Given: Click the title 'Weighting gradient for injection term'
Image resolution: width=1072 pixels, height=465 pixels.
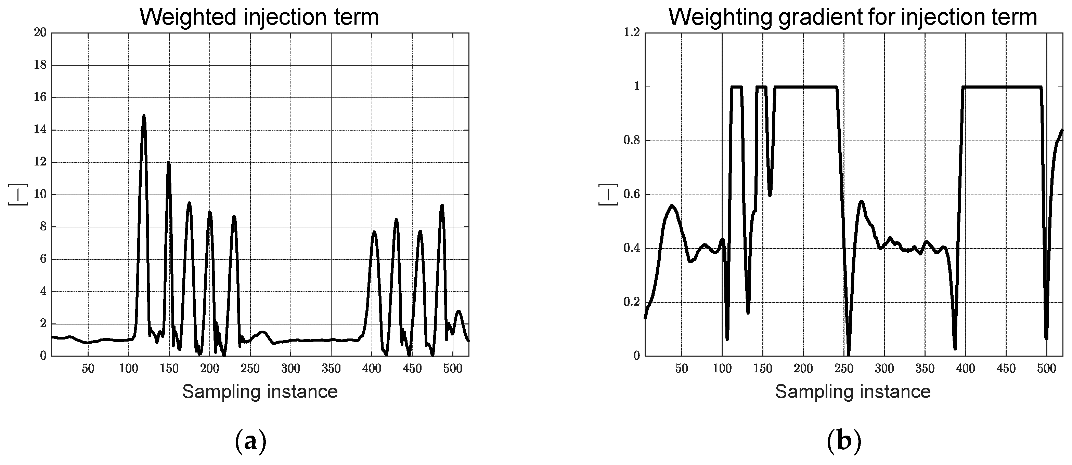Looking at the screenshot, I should [x=853, y=17].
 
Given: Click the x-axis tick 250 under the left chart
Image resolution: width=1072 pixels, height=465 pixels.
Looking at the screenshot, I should [x=250, y=369].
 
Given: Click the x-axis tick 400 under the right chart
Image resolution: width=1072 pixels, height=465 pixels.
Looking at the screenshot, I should [x=966, y=369].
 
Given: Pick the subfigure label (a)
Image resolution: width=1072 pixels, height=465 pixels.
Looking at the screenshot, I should [x=250, y=442].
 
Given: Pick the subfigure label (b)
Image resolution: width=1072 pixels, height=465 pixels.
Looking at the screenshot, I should [x=843, y=442].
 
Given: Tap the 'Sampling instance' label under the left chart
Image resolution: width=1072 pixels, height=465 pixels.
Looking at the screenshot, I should [x=260, y=392].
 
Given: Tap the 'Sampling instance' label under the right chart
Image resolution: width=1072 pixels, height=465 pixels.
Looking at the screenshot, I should [x=853, y=392].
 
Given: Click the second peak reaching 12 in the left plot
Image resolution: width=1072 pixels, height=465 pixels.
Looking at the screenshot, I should [x=169, y=163].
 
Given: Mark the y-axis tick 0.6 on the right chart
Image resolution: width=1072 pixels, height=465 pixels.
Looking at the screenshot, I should [x=631, y=195].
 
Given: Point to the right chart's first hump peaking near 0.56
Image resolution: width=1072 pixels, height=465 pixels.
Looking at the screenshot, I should [x=672, y=205].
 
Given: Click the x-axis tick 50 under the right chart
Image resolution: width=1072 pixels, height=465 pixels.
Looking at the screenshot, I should [x=682, y=369].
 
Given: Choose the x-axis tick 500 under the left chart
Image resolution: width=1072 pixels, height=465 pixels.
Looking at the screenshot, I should [x=453, y=369].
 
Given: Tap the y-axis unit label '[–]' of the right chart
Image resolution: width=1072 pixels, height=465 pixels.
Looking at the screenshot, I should [x=608, y=194].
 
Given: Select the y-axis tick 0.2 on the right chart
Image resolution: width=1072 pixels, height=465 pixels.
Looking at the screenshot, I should [x=631, y=302].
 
